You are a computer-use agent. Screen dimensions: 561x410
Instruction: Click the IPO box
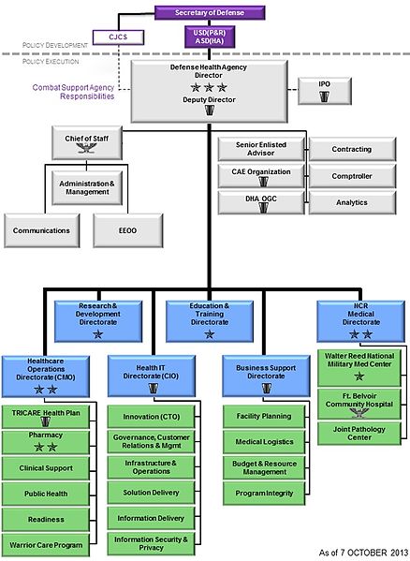coord(324,90)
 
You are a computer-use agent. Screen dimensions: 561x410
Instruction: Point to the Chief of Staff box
coord(81,145)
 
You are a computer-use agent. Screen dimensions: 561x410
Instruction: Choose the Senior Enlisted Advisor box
coord(253,149)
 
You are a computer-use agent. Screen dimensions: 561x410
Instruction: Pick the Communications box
coord(42,229)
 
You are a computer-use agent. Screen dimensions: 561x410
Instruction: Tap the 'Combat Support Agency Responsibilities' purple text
coord(74,90)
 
